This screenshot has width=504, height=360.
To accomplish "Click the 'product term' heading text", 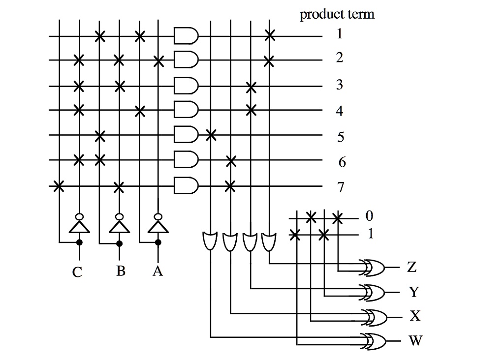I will point(337,14).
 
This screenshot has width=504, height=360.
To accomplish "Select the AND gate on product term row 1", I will point(187,36).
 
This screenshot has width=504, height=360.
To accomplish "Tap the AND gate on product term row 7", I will point(187,186).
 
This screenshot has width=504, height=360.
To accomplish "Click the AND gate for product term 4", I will point(187,110).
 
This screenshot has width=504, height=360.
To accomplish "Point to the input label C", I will point(77,272).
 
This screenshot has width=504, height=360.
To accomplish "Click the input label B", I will point(121,271).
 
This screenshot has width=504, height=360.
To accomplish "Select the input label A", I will point(157,271).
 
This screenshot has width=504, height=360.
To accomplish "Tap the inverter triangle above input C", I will point(79,226).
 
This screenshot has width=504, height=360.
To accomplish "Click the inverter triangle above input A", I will point(157,226).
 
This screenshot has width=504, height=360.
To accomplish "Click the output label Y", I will point(413,292).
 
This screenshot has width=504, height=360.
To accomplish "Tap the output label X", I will point(415,316).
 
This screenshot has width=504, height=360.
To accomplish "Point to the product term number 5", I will point(341,137).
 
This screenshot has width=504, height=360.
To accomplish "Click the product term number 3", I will point(340,85).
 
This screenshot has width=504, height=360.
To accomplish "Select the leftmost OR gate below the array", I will point(210,241).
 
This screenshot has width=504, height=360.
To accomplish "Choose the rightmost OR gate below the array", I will point(269,241).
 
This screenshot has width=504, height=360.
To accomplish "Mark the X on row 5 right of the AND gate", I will point(211,134).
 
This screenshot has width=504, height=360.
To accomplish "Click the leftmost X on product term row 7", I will point(59,186).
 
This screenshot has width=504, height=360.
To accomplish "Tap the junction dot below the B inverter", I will point(119,242).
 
